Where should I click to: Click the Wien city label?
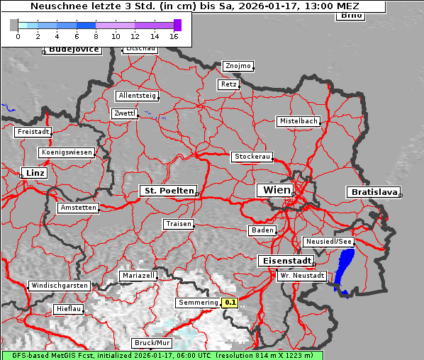click(x=277, y=190)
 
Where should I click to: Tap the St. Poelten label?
click(x=167, y=191)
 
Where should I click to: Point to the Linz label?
click(x=33, y=173)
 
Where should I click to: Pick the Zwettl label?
click(x=124, y=113)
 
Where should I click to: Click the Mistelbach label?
click(x=298, y=121)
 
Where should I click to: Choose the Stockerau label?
click(x=252, y=157)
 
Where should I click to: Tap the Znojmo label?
click(x=238, y=66)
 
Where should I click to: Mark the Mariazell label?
click(x=138, y=275)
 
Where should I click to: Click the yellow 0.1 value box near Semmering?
click(x=230, y=303)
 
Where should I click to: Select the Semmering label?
click(x=199, y=303)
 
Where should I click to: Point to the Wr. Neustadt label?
click(x=301, y=275)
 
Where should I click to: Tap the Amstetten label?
click(x=78, y=208)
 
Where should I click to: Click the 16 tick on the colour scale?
click(x=174, y=35)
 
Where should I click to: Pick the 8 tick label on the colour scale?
click(x=96, y=35)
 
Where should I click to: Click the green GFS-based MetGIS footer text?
click(x=162, y=355)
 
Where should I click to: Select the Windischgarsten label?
click(x=60, y=286)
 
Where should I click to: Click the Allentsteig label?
click(x=137, y=96)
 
